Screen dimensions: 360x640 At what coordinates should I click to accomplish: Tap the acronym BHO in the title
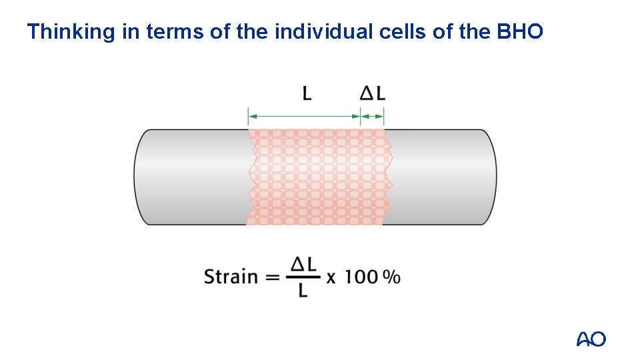coord(520,31)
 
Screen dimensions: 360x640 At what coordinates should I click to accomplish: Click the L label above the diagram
coord(307,93)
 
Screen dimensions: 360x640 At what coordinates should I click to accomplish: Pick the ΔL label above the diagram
coord(373,93)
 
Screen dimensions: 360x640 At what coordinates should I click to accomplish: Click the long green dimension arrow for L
coord(304,117)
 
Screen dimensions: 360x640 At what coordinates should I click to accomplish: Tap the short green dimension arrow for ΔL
coord(373,117)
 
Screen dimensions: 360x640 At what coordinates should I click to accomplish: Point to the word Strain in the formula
coord(230,276)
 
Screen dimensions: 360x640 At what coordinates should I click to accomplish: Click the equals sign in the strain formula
coord(273,277)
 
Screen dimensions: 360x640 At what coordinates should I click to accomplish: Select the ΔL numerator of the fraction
coord(303,265)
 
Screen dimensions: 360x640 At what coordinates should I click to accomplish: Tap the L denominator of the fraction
coord(303,290)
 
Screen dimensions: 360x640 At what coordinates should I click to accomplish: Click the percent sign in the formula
coord(392,277)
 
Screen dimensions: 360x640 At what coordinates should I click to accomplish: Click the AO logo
coord(591,339)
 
